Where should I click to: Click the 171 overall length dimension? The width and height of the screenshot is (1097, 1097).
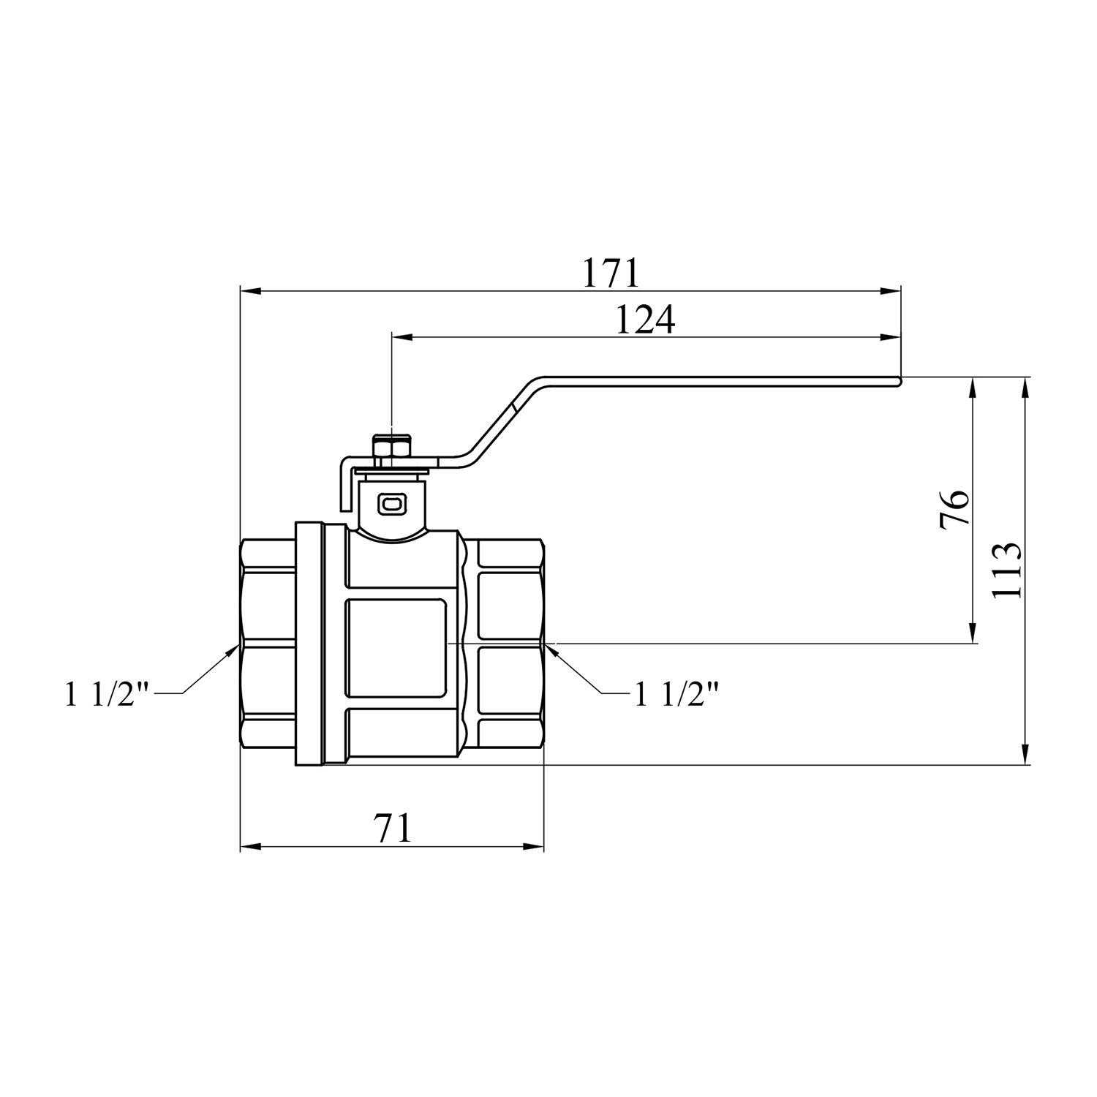coord(611,273)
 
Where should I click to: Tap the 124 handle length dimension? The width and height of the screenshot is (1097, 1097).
coord(645,320)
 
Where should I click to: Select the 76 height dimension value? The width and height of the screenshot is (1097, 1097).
coord(955,508)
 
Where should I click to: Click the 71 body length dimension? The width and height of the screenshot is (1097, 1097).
coord(393,829)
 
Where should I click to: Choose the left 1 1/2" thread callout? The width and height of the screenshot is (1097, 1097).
coord(107,694)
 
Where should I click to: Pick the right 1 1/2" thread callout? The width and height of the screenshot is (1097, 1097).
coord(676,694)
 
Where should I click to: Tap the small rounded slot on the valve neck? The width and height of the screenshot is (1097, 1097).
coord(391,503)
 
